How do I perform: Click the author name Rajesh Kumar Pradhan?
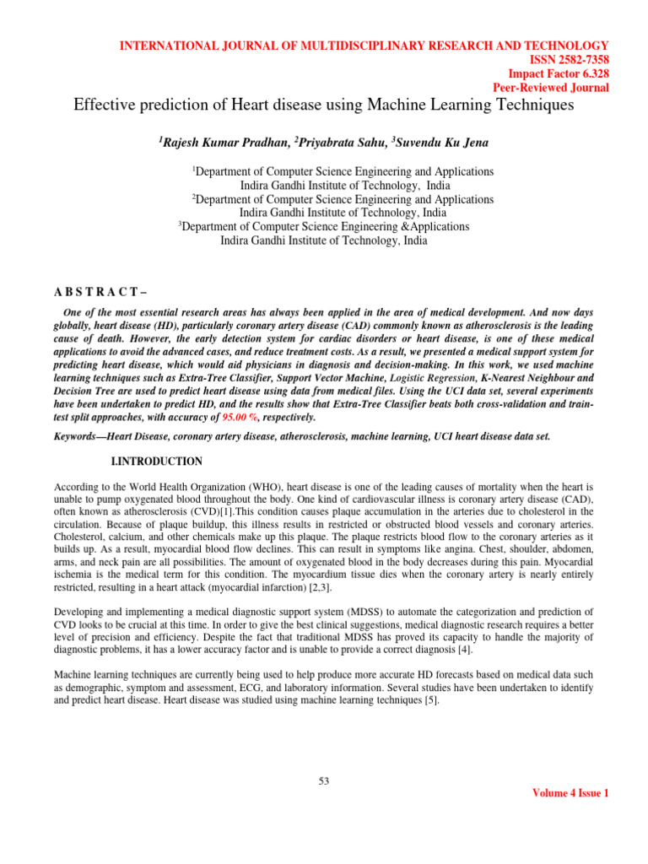(x=218, y=143)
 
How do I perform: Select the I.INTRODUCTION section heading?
(x=157, y=462)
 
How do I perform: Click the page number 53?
(x=323, y=780)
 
